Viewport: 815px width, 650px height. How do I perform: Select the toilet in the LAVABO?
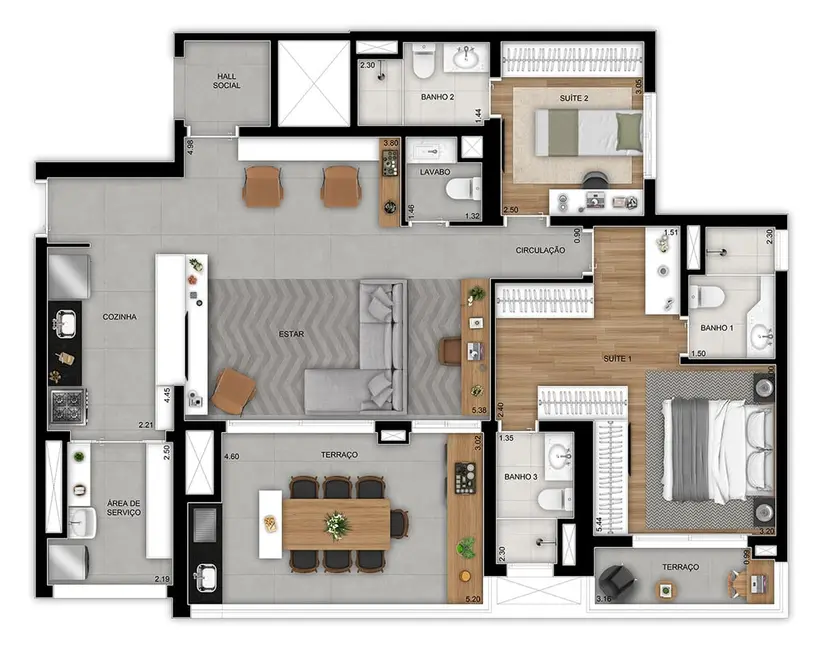click(x=461, y=189)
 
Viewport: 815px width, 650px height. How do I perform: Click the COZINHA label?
click(x=119, y=317)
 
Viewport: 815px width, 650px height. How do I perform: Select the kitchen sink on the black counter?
click(x=65, y=323)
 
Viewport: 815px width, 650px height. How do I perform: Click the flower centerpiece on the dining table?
click(x=338, y=523)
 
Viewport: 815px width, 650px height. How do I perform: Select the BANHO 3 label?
click(x=520, y=477)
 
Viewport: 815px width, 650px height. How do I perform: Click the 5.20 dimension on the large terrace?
click(x=473, y=599)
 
